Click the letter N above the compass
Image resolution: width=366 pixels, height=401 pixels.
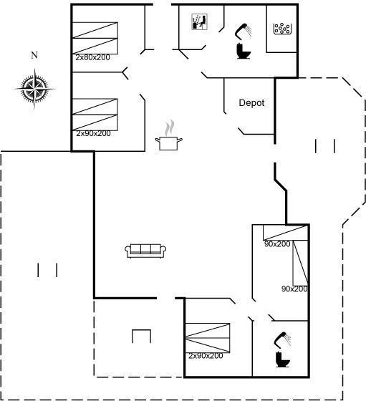pos(34,55)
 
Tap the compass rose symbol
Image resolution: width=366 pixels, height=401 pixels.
pos(34,89)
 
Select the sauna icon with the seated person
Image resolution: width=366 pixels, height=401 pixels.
pos(199,21)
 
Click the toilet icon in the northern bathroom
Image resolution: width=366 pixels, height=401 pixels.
pos(244,51)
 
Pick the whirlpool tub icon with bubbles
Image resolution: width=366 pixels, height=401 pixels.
pos(283,29)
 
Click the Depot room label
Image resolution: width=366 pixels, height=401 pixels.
pos(251,103)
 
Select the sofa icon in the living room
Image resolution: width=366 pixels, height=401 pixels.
pos(145,251)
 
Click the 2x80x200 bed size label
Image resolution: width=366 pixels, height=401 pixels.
pos(92,57)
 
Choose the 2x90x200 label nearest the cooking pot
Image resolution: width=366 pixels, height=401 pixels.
pos(93,133)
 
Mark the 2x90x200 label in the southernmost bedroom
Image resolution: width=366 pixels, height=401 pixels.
pos(206,356)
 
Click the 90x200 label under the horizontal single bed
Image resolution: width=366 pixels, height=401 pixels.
pos(277,244)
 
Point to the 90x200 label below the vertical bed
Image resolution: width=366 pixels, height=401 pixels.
pos(294,289)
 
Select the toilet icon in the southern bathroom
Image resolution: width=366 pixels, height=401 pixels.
pos(283,359)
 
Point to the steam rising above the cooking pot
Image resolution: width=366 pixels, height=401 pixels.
pos(170,128)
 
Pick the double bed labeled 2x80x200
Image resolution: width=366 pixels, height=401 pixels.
pos(95,38)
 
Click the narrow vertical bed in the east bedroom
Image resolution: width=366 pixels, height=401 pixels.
pos(300,263)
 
